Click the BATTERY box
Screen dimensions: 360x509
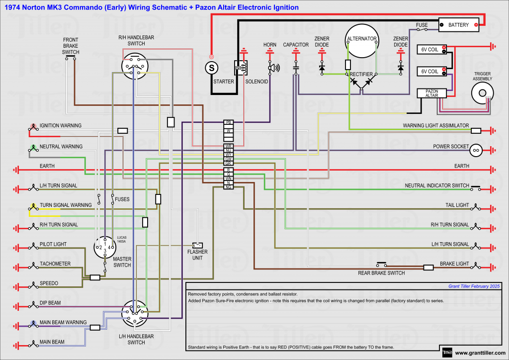[458, 24]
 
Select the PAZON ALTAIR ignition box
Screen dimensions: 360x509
[431, 93]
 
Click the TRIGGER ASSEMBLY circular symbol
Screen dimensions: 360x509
[482, 92]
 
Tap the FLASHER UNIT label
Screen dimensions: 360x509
[197, 255]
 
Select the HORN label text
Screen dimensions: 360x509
[270, 45]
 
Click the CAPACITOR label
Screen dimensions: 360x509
[296, 45]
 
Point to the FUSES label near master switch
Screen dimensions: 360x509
[122, 199]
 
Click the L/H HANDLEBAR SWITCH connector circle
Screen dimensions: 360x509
[135, 313]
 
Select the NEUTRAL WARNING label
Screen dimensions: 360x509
[61, 147]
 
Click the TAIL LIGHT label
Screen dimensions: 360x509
[457, 205]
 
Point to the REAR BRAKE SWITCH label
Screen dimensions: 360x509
[381, 273]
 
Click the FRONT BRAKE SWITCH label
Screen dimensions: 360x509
[71, 45]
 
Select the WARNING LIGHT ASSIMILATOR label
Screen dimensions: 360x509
[435, 126]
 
